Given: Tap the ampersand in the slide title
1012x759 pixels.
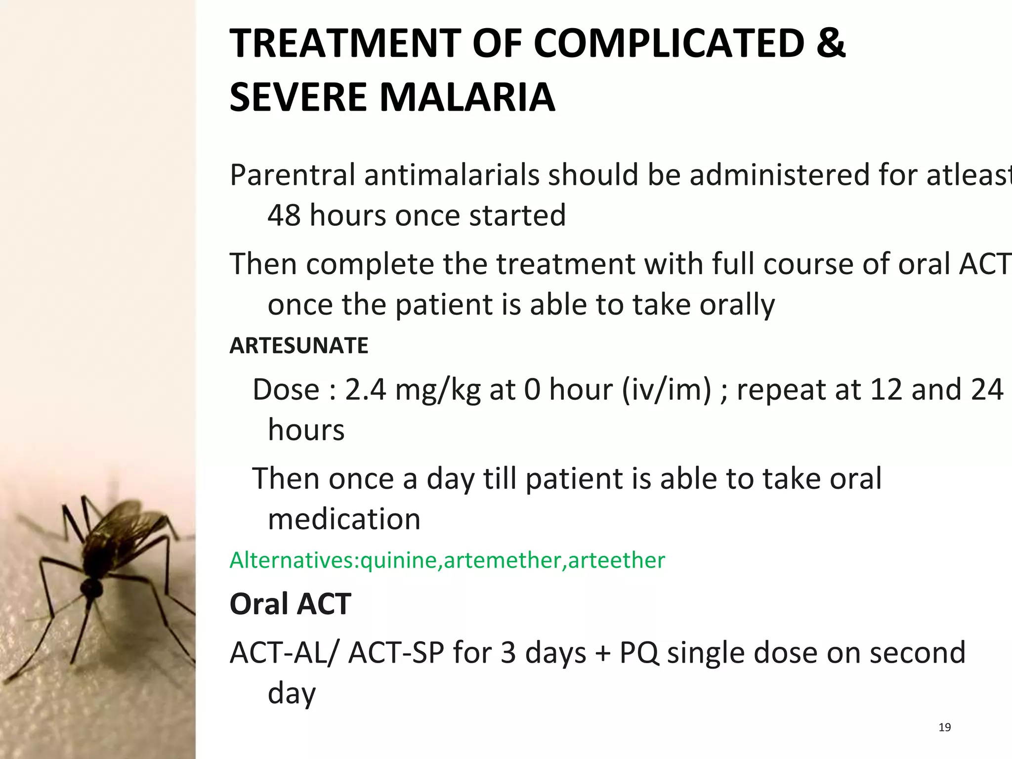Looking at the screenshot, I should click(x=831, y=43).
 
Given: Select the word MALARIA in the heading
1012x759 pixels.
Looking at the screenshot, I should click(x=467, y=97).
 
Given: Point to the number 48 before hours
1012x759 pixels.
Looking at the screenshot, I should click(x=284, y=215).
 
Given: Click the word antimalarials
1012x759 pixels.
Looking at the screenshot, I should click(x=452, y=175).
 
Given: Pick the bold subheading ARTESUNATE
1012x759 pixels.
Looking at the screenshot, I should click(x=299, y=346).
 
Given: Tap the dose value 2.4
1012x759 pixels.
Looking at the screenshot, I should click(x=365, y=389).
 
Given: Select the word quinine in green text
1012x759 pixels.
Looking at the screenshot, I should click(x=399, y=560).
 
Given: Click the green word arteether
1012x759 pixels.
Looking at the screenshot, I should click(x=616, y=560).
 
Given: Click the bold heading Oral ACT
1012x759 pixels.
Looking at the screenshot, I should click(x=291, y=604).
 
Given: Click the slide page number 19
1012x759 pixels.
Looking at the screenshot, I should click(x=944, y=727).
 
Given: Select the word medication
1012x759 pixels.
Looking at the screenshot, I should click(x=344, y=519).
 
